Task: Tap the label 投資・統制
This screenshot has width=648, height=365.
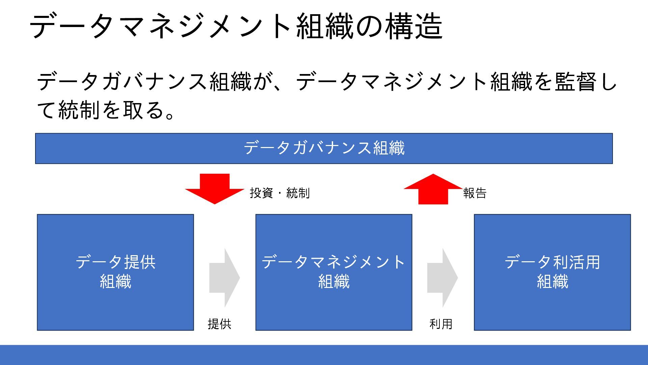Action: pos(279,193)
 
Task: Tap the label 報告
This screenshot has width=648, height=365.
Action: pos(475,193)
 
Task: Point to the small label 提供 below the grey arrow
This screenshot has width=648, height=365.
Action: pos(219,324)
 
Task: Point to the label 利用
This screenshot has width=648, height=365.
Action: pos(441,324)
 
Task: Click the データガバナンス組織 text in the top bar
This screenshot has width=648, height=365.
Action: pos(324,148)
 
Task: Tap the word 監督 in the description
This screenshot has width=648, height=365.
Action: pos(576,82)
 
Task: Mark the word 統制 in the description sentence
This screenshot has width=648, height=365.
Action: pos(79,110)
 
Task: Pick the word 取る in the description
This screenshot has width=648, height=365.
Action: pos(143,110)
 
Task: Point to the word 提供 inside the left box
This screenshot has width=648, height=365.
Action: pos(140,262)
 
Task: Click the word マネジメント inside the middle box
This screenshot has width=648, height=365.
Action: pos(357,262)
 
